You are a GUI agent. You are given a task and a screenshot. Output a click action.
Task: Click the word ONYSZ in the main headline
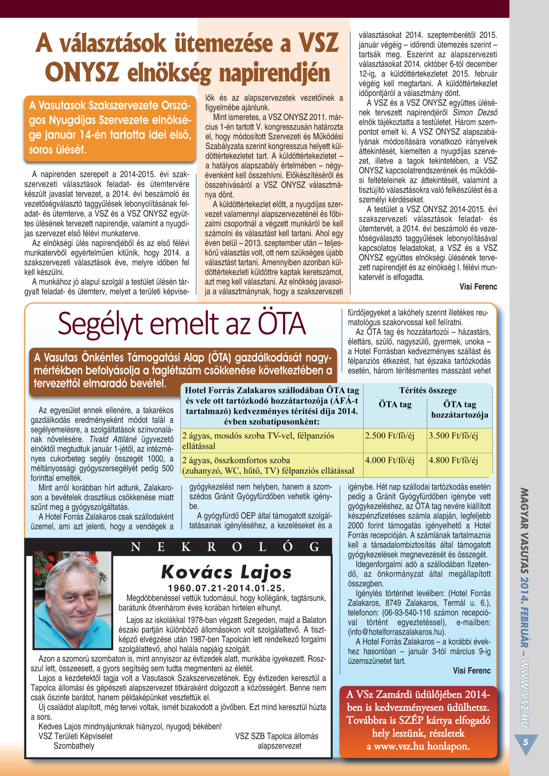point(82,72)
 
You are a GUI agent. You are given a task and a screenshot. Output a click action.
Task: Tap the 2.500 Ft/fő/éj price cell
point(389,436)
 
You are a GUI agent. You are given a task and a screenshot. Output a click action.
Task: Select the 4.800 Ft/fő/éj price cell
point(453,460)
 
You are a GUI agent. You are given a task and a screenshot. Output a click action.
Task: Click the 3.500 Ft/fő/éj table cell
point(453,436)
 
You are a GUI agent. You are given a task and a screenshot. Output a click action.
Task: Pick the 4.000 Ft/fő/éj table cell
point(389,460)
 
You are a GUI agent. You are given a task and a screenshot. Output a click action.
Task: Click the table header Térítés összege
point(428,390)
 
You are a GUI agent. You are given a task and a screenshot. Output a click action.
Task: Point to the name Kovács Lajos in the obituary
point(226,572)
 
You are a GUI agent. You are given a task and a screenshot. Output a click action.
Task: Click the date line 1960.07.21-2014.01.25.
point(226,588)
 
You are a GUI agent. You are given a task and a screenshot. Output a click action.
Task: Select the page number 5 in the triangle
point(526,742)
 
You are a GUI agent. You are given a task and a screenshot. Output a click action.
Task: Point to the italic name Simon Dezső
point(475,113)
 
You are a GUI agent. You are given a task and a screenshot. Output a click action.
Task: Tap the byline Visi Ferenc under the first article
point(478,287)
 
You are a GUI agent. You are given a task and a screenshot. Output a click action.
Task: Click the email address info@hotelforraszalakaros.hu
point(396,632)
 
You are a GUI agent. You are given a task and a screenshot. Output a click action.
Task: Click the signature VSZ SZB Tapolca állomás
point(277,736)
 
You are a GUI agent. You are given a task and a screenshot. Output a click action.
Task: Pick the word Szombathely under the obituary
point(74,746)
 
